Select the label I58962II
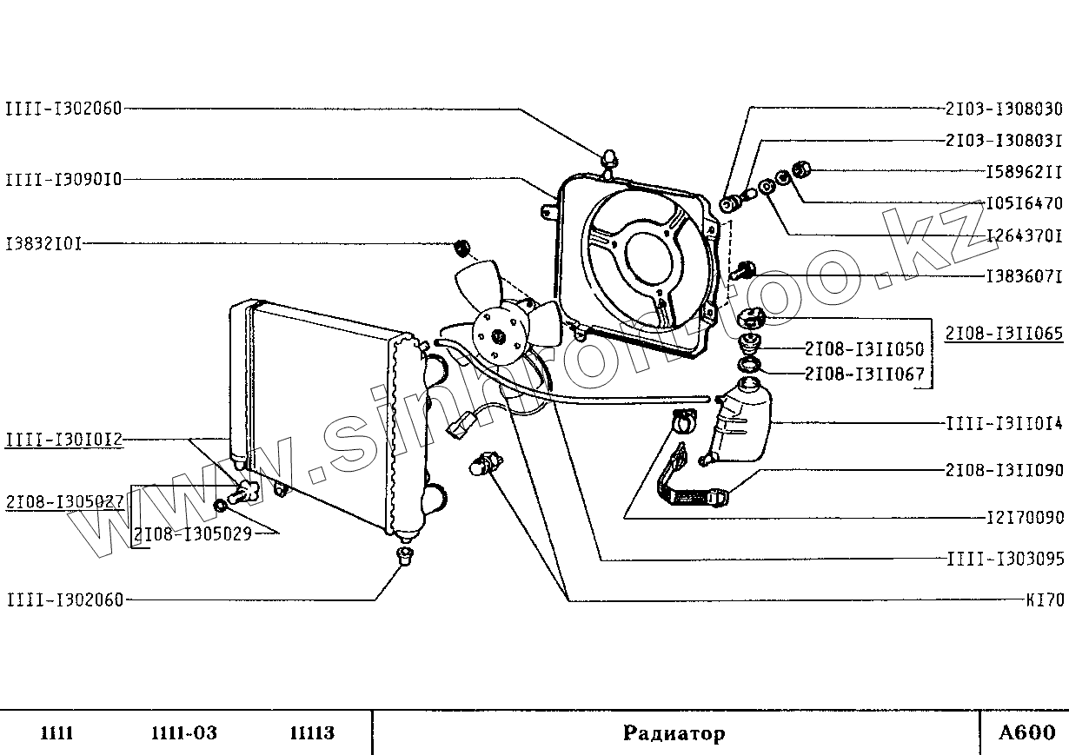pos(1024,172)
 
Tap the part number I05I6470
pos(1024,204)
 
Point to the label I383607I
pos(1024,276)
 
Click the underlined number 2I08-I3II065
pos(1004,333)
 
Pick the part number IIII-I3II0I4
pos(1004,424)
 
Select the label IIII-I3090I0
pos(63,180)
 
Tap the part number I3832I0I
pos(43,244)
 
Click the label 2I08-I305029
pos(193,533)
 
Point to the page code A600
pos(1026,733)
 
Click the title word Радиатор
pos(674,734)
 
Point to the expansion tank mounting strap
pos(695,487)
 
